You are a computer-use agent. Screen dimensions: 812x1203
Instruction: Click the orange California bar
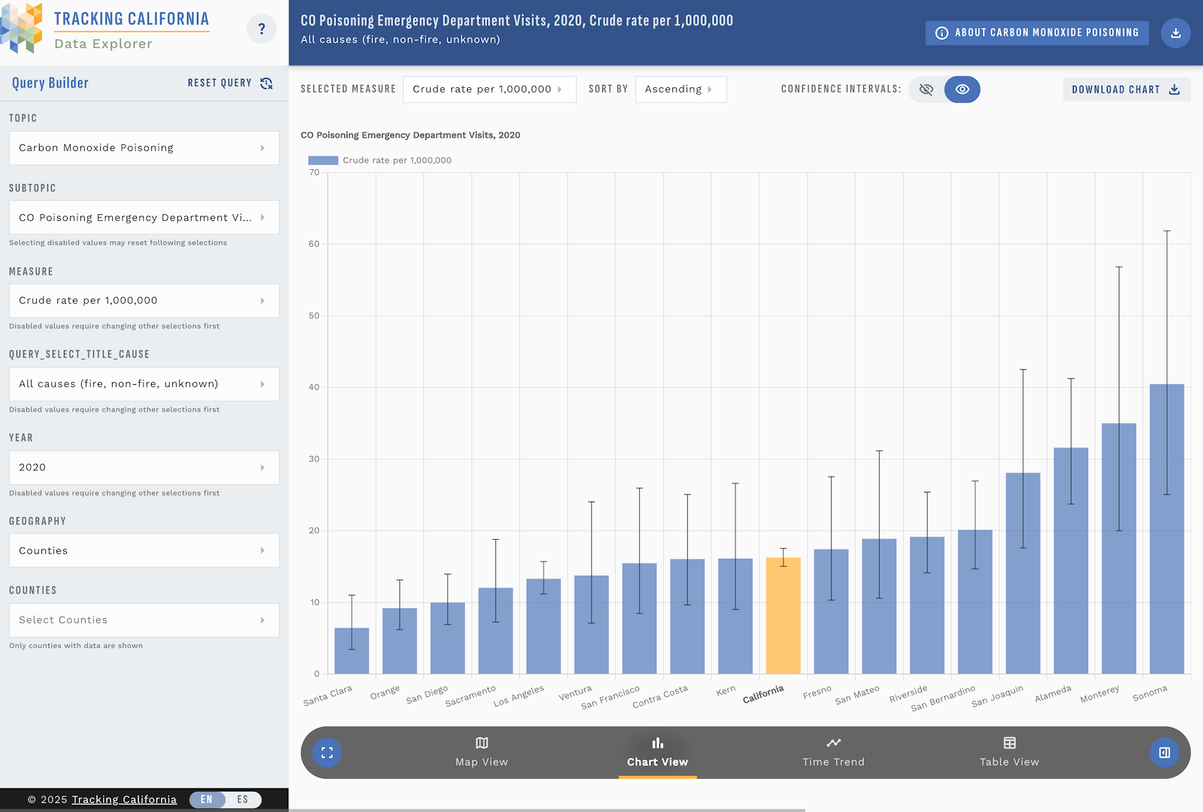point(783,616)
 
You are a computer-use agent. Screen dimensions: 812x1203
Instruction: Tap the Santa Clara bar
point(351,651)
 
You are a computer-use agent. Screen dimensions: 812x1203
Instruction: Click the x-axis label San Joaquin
point(997,696)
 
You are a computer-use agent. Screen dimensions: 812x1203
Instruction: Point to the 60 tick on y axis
point(314,244)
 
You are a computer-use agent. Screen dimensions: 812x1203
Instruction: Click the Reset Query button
point(230,83)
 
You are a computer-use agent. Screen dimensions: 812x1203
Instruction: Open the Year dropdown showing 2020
point(144,468)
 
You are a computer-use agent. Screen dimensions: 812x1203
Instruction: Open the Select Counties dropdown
point(144,620)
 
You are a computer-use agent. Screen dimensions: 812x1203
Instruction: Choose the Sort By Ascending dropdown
point(680,89)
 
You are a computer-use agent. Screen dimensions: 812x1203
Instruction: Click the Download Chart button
point(1126,89)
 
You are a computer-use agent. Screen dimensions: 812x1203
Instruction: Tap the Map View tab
point(481,752)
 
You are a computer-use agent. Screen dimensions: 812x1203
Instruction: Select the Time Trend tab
point(833,752)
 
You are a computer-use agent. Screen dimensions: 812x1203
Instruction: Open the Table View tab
point(1009,752)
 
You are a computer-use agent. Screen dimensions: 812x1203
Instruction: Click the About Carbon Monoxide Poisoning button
point(1037,33)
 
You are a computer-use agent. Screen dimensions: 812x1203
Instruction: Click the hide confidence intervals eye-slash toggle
point(926,89)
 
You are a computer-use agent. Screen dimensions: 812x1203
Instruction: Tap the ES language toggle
point(243,799)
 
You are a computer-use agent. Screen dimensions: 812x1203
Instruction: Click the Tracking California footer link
point(124,799)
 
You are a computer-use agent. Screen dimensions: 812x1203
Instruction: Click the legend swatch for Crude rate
point(323,160)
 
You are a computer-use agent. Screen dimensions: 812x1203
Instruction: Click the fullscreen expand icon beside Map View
point(327,753)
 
